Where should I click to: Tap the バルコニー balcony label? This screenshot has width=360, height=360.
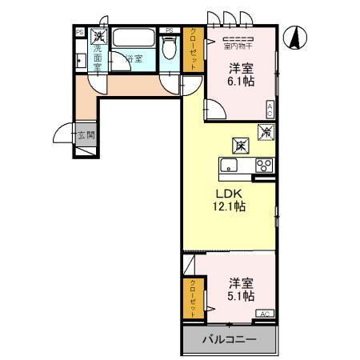coord(228,340)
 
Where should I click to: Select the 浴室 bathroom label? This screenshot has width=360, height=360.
coord(132,58)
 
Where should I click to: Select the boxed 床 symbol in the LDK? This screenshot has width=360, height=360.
coord(239,146)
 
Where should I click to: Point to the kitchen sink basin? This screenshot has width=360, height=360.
coord(229,166)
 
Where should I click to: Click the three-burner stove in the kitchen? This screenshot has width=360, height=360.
coord(263,166)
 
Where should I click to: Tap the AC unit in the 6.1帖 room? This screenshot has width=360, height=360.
coord(270,110)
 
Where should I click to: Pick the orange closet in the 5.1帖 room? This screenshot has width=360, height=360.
coord(194,298)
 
